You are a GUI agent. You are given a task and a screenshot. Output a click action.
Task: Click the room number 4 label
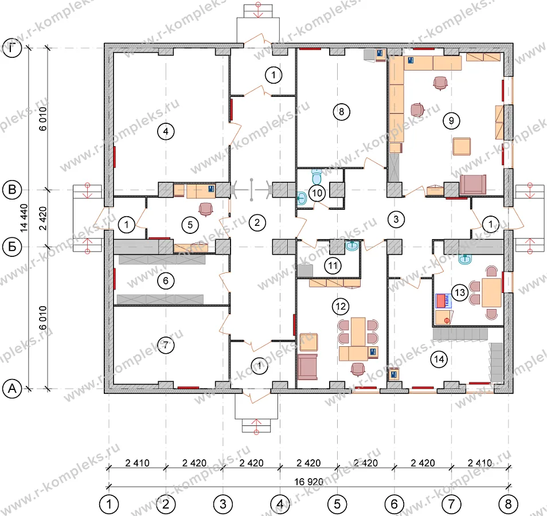click(165, 131)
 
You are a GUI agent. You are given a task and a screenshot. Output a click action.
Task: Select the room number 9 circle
click(451, 121)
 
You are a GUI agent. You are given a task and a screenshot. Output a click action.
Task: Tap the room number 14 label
click(439, 359)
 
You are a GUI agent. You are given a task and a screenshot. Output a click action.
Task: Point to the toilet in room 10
click(317, 177)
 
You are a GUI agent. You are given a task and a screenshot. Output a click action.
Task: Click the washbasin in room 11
click(353, 246)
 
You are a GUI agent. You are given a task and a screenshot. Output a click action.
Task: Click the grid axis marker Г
click(12, 48)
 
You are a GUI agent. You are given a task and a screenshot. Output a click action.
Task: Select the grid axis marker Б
click(12, 247)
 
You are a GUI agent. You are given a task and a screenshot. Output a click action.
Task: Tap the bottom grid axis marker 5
click(337, 504)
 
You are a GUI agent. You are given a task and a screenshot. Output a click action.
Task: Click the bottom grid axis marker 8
click(508, 504)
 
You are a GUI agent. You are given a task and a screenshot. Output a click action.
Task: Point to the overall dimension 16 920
click(308, 482)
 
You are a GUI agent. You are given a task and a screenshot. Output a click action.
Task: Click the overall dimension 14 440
click(24, 218)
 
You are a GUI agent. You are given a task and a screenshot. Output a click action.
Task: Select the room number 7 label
click(165, 345)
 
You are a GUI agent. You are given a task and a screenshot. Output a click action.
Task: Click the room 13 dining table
click(491, 292)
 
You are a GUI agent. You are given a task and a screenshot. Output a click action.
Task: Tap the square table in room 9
click(462, 147)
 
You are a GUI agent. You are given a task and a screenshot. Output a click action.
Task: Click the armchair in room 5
click(205, 210)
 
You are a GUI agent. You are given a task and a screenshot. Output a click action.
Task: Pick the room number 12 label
click(341, 306)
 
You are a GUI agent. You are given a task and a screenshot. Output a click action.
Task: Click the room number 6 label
click(165, 280)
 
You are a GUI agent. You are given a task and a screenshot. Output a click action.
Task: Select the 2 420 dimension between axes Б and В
click(42, 218)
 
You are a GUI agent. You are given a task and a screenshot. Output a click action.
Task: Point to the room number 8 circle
click(341, 112)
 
